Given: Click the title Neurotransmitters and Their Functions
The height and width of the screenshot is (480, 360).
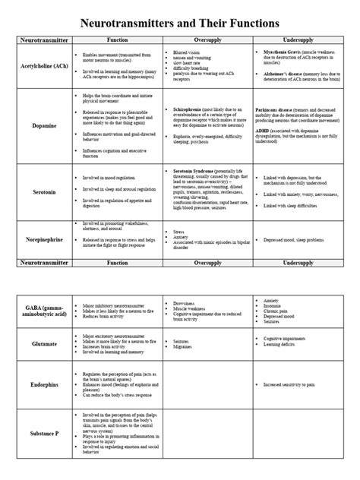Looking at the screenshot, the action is pos(180,14).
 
